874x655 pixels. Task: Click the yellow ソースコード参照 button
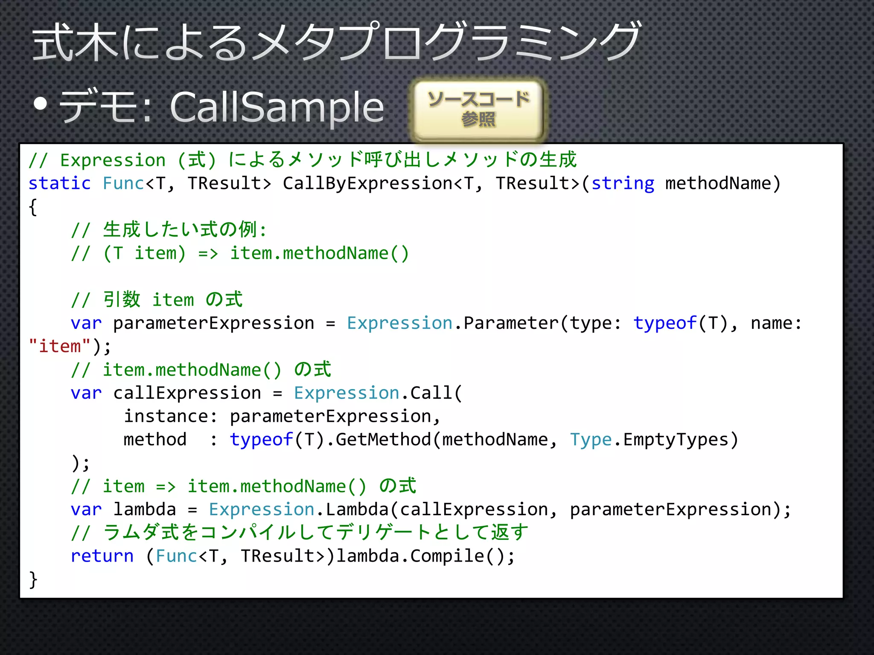(478, 110)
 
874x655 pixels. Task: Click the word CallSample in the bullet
(277, 107)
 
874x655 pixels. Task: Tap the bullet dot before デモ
(41, 104)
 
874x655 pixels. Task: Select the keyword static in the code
(60, 183)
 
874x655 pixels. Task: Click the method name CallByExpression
(367, 183)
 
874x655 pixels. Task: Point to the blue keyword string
(623, 183)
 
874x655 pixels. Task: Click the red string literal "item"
(60, 346)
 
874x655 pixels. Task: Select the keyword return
(102, 556)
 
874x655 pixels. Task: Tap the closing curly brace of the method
(33, 580)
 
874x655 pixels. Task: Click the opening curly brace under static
(33, 207)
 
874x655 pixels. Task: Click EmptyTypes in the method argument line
(676, 440)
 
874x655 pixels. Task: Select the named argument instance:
(171, 416)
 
